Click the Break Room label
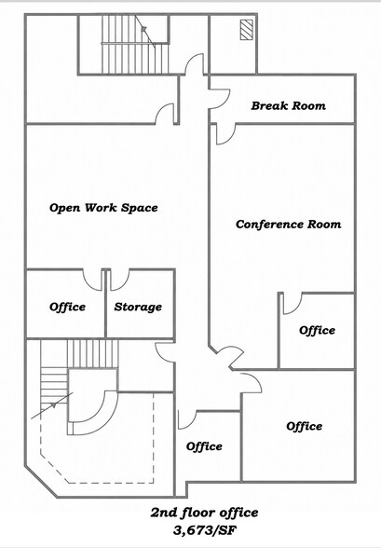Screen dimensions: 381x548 click(288, 105)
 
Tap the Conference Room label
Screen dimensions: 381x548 click(288, 224)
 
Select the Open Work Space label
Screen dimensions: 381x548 click(103, 208)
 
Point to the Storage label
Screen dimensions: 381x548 click(138, 307)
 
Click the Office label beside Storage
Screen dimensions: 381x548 click(67, 307)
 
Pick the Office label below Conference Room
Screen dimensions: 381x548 click(317, 330)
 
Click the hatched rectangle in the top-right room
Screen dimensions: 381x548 click(246, 30)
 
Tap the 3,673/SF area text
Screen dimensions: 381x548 click(205, 530)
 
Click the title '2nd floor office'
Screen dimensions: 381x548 click(205, 513)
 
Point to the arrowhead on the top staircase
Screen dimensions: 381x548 click(143, 30)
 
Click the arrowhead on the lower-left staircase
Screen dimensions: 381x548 click(53, 405)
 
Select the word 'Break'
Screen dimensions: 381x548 click(269, 105)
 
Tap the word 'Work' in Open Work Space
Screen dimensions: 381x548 click(101, 208)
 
